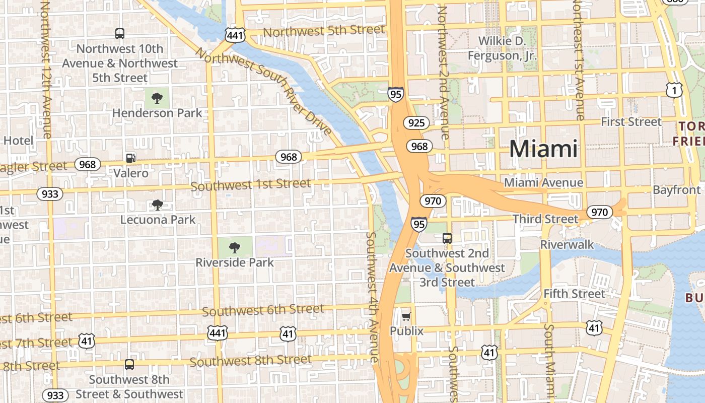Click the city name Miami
[543, 149]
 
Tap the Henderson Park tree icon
[157, 97]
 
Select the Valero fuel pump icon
[131, 158]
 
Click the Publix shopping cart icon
[406, 316]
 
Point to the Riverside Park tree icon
[234, 247]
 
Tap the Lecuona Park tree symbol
[158, 205]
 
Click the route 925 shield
[416, 122]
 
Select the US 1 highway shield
[673, 90]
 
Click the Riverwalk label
[567, 245]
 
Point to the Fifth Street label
[574, 293]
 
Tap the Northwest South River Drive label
[264, 91]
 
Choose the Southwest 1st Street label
[251, 184]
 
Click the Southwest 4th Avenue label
[372, 297]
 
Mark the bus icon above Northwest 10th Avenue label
[120, 34]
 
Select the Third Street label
[545, 219]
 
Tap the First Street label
[631, 122]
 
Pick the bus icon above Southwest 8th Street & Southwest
[129, 365]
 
